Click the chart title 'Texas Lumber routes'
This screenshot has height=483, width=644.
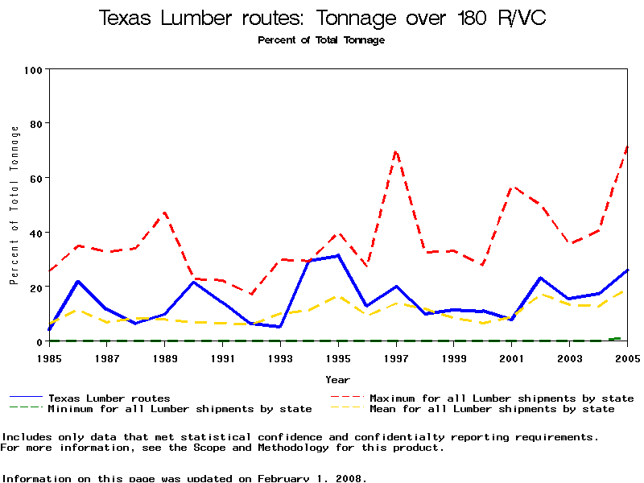(322, 18)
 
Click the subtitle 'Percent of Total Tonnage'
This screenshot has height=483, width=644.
(321, 40)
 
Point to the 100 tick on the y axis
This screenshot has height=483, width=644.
(33, 69)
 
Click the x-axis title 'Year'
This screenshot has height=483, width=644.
(338, 379)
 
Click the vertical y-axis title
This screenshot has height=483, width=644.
(14, 205)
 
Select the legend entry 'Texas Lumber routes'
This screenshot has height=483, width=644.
(109, 398)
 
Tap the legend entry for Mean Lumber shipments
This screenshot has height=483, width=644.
(491, 409)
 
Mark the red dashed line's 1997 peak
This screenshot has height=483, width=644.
(396, 151)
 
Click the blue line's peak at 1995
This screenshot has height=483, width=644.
(338, 255)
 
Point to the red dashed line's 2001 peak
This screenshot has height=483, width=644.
(512, 187)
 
